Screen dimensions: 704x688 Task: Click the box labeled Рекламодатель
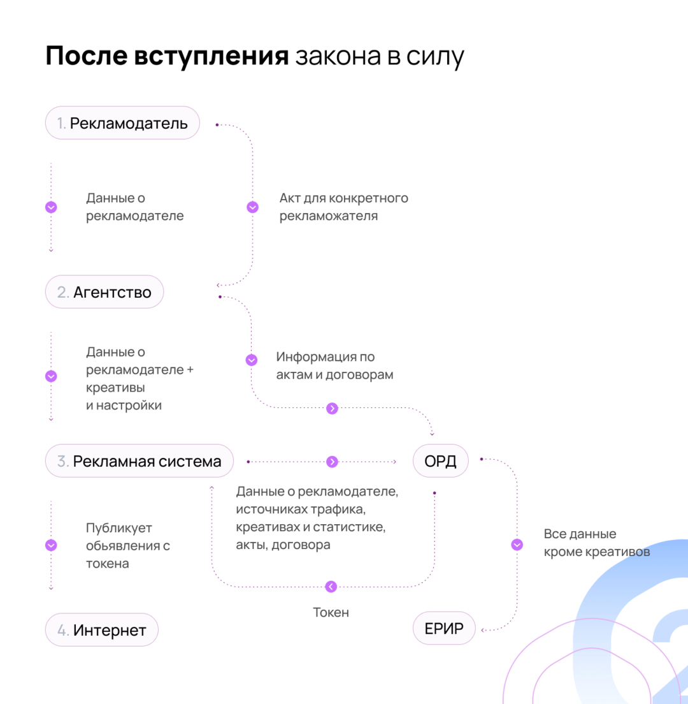coord(122,123)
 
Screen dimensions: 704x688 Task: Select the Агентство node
coord(104,292)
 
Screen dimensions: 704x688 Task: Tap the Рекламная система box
coord(139,461)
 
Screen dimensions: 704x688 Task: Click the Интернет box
coord(101,631)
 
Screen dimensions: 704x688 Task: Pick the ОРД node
coord(441,461)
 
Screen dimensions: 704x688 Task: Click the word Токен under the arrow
coord(331,612)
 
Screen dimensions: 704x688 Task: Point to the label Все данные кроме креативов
coord(596,543)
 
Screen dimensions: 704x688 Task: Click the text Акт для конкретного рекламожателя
coord(343,207)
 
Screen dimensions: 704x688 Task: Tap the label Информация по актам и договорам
coord(334,365)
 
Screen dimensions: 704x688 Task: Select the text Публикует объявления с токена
coord(128,546)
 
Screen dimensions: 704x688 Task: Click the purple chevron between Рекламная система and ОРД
coord(332,461)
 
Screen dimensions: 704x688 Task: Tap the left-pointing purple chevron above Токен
coord(331,587)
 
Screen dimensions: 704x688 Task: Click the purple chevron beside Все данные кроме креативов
coord(517,545)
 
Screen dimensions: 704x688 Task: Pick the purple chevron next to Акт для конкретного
coord(252,207)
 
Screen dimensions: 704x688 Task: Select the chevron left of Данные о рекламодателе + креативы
coord(52,376)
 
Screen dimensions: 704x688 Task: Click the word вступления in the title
coord(211,56)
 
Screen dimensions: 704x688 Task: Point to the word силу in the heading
coord(439,56)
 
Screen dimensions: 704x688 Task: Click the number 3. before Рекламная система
coord(63,461)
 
